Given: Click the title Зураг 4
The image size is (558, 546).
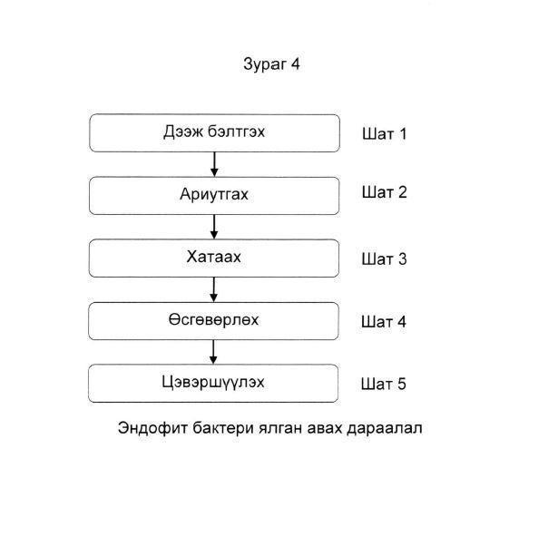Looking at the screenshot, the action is [271, 64].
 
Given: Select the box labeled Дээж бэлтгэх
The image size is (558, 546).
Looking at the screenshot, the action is [215, 133].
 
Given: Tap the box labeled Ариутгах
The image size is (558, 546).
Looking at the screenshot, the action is [214, 196].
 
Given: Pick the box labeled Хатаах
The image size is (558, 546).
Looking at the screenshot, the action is [214, 258].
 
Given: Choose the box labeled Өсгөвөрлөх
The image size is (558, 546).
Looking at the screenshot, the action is [213, 321].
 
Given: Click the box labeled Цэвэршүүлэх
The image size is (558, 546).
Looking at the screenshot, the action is [213, 384].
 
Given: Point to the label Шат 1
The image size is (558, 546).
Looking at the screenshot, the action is [384, 134].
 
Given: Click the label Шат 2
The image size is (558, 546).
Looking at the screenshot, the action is [385, 192].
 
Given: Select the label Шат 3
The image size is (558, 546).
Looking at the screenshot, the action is [384, 259].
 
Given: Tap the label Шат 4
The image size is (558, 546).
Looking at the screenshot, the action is [384, 322].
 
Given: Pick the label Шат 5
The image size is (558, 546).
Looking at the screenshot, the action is [383, 385].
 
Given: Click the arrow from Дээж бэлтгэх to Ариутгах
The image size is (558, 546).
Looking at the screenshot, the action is [214, 164].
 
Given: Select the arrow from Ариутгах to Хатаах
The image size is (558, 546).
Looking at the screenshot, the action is [214, 227].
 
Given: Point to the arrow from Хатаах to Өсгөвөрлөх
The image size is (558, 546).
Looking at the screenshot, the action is [213, 290].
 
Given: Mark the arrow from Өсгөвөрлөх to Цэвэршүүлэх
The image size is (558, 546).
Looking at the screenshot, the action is [213, 352].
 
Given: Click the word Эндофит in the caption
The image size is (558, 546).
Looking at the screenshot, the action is [152, 428].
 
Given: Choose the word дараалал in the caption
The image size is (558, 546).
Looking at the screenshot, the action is [385, 428].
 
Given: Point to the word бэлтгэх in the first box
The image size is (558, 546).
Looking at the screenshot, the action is [236, 132].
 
